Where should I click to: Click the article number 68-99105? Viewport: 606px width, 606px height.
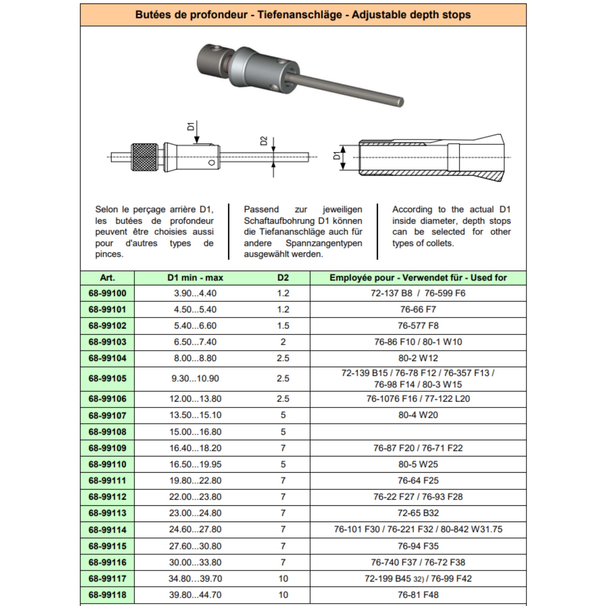107,378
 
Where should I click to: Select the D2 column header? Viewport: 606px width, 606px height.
283,278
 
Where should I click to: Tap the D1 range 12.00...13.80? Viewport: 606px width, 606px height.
195,399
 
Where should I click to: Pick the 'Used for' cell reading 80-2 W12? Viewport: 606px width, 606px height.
418,358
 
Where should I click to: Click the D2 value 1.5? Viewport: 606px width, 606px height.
283,325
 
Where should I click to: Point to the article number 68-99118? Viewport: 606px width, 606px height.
107,595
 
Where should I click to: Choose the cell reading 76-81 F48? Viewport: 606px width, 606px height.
418,595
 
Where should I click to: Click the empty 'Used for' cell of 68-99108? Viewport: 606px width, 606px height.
418,432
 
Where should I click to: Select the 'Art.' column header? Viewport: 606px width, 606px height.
107,278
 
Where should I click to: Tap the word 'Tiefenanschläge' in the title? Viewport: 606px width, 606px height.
299,15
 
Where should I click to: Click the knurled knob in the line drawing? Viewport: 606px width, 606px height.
145,157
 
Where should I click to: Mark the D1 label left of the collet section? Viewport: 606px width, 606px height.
336,156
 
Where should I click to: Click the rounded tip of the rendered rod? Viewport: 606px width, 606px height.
401,102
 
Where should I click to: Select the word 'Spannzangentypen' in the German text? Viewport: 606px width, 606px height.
324,243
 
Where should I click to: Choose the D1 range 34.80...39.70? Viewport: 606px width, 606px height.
195,579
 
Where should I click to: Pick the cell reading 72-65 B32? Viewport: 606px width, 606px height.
418,513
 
